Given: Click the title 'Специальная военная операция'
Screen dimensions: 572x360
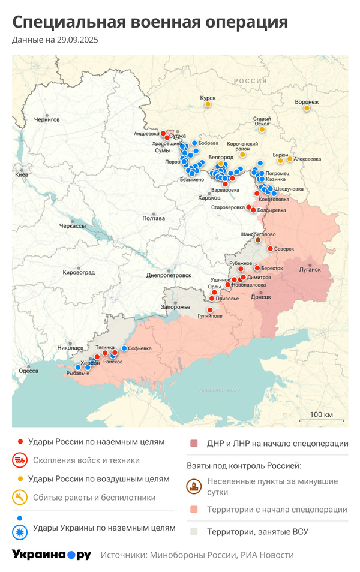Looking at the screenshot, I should [x=150, y=22].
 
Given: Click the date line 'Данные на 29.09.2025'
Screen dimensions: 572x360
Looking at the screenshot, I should [x=55, y=40].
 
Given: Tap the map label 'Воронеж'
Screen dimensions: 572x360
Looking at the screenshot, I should [x=307, y=102].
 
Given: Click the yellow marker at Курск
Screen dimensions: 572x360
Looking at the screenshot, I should [x=208, y=104].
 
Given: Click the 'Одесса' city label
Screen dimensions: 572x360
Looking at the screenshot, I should [x=28, y=371].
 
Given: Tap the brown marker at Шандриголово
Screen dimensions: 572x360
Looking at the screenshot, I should [x=259, y=240].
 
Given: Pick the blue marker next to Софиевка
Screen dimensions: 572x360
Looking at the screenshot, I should [x=124, y=348].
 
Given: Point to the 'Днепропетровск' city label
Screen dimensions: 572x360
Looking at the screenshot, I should [x=169, y=275].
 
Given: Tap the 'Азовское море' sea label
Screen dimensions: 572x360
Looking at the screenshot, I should [x=219, y=390].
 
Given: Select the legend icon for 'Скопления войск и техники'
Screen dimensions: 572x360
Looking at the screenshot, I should [x=20, y=460].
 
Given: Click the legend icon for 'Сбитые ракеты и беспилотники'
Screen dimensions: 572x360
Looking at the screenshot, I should [x=20, y=497].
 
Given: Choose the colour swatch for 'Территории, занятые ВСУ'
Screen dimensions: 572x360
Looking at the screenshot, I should [x=194, y=531].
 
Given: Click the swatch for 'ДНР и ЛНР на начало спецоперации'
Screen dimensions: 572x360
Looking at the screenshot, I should [x=194, y=444].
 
